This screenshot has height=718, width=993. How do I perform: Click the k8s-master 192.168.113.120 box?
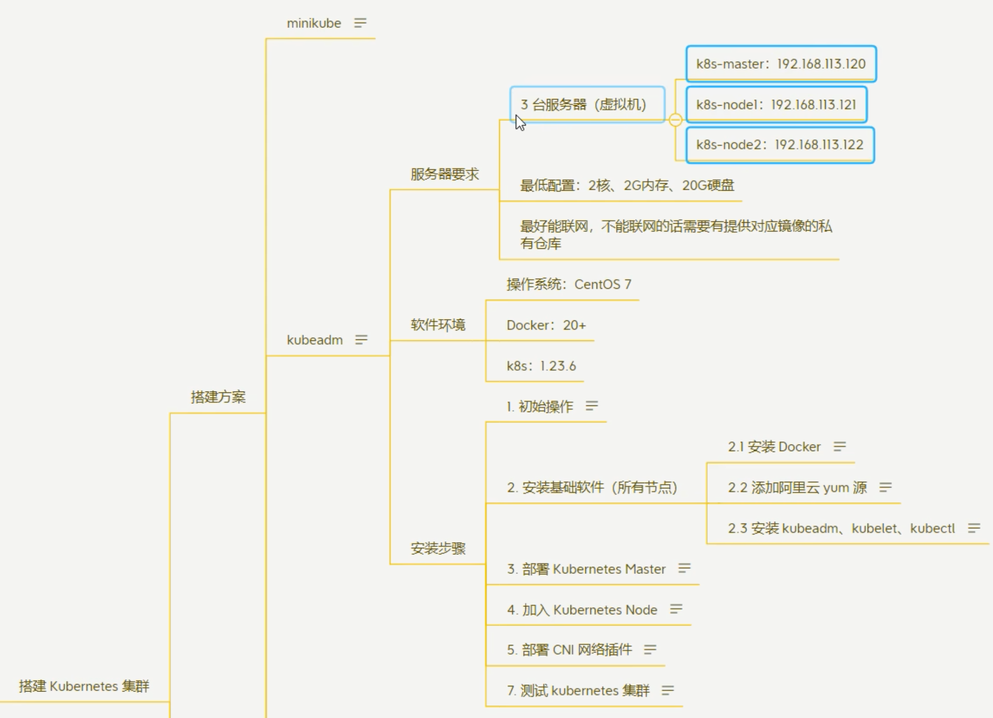click(781, 64)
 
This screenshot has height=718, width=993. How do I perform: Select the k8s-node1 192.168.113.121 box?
click(776, 105)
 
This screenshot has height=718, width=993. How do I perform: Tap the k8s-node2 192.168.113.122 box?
click(780, 145)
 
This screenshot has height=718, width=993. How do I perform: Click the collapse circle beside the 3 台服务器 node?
click(676, 120)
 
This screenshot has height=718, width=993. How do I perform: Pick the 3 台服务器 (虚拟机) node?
click(584, 105)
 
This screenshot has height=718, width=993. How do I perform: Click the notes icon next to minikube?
click(360, 23)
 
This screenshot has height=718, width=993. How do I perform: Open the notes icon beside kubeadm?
click(361, 340)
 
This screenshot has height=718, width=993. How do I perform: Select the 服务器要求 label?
click(444, 174)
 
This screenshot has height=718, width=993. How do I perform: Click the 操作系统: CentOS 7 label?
click(569, 284)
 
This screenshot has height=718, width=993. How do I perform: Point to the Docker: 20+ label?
click(546, 325)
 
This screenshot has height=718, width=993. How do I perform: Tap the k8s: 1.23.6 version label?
click(541, 366)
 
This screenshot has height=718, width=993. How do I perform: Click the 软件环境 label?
click(438, 325)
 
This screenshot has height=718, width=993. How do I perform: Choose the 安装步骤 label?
click(438, 548)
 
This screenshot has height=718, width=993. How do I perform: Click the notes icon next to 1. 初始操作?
click(591, 406)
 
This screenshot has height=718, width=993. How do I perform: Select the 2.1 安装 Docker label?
click(774, 447)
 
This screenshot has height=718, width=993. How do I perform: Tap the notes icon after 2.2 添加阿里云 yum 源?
click(885, 487)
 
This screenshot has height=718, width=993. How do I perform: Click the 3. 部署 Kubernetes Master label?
click(586, 569)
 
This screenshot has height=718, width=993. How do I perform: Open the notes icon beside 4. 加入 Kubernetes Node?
click(676, 609)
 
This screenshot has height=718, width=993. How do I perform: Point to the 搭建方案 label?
click(218, 397)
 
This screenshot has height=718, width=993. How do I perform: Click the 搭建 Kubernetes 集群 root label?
click(84, 686)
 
